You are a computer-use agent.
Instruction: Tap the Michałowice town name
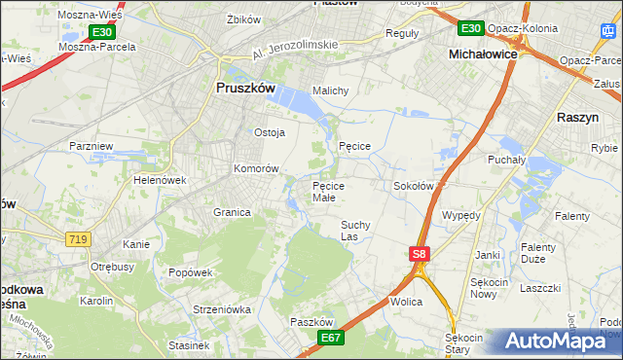pos(483,55)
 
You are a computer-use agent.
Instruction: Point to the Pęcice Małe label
pos(337,191)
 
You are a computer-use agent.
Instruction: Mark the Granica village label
pos(233,211)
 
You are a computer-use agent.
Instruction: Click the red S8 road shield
pos(418,254)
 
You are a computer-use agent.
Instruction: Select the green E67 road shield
pos(331,337)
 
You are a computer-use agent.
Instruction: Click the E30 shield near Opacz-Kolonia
pos(471,28)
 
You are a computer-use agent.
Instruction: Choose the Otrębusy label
pos(111,266)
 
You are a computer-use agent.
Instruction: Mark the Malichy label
pos(330,90)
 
